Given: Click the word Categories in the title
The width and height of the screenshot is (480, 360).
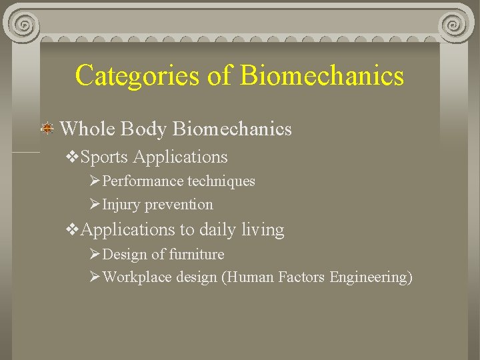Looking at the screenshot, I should (x=137, y=75).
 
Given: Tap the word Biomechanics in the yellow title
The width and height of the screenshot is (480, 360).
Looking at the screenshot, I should (x=322, y=75).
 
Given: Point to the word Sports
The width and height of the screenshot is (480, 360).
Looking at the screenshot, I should (x=104, y=157).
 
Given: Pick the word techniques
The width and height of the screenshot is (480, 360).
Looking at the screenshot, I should (x=221, y=181).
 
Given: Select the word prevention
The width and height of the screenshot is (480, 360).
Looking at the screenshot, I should (x=179, y=205).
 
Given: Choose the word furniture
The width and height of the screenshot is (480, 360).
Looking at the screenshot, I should (x=197, y=254).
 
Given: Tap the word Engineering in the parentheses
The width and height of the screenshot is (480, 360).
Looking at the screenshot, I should (x=370, y=277).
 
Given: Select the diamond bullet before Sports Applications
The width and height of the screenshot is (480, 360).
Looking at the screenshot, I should (x=73, y=157).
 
